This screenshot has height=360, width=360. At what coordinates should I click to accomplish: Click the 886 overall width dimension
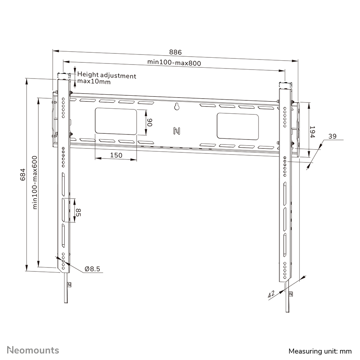pyautogui.click(x=176, y=52)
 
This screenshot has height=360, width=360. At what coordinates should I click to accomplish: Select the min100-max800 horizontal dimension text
pyautogui.click(x=174, y=62)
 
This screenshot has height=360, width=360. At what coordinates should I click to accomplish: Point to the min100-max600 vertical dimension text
pyautogui.click(x=35, y=182)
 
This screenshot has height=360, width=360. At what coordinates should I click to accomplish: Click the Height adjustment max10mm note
pyautogui.click(x=106, y=79)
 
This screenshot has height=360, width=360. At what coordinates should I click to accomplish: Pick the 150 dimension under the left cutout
pyautogui.click(x=116, y=155)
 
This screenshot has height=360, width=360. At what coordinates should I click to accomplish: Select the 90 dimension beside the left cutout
pyautogui.click(x=150, y=122)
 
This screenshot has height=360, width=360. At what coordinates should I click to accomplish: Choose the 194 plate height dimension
pyautogui.click(x=312, y=132)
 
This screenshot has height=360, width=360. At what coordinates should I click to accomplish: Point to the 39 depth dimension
pyautogui.click(x=332, y=136)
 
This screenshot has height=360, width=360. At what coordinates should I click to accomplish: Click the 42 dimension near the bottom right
pyautogui.click(x=271, y=294)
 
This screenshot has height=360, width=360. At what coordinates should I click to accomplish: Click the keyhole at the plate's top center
pyautogui.click(x=176, y=106)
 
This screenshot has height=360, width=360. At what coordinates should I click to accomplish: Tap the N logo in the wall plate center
pyautogui.click(x=176, y=131)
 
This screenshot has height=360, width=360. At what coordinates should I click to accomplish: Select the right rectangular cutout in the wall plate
pyautogui.click(x=237, y=127)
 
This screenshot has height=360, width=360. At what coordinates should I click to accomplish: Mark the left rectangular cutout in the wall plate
pyautogui.click(x=115, y=122)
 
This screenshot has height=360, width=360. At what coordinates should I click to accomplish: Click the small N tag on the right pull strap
pyautogui.click(x=290, y=294)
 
